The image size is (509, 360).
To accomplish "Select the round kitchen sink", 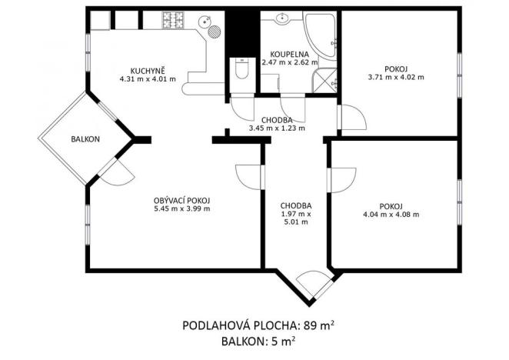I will coord(205,22).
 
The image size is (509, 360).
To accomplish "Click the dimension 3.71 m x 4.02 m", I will coord(397,77).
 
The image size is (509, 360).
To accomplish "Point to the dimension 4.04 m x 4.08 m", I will coord(391,215).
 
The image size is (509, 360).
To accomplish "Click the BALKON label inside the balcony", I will coord(84,139).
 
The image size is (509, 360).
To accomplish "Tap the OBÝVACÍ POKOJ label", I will coord(181,200).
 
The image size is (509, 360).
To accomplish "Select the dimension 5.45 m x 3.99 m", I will coord(181,209).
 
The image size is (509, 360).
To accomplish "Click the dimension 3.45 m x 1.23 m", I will coord(277,128).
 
